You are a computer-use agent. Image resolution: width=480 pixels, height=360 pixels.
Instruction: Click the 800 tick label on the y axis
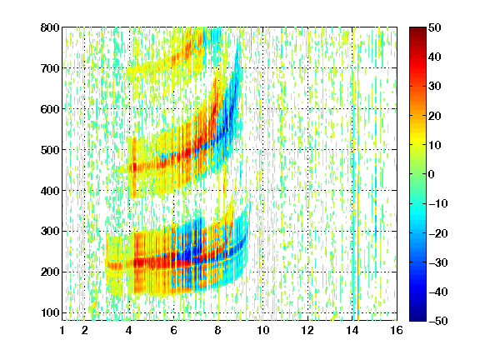coord(50,27)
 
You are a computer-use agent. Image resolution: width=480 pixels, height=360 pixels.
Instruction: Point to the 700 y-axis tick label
coord(50,68)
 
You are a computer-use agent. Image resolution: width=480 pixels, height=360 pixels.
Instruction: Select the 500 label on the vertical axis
coord(50,150)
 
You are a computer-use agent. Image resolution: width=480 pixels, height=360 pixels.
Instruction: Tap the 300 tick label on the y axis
coord(50,232)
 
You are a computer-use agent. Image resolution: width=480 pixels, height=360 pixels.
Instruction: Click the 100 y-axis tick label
coord(50,312)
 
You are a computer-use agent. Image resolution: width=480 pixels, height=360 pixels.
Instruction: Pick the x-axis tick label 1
coord(62,330)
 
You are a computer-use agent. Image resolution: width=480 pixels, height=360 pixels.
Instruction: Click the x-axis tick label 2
coord(85,330)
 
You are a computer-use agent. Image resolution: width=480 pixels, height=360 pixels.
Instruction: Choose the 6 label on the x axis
coord(174,330)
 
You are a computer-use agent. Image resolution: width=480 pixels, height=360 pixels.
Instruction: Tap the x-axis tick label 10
coord(263,330)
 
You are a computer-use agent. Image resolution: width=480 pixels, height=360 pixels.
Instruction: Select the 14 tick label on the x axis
coord(352,330)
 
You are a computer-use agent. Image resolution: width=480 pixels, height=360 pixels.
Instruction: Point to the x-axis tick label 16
coord(397,330)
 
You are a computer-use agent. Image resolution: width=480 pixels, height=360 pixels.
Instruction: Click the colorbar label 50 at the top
coord(435,27)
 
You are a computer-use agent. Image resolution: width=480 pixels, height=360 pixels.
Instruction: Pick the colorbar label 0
coord(432,174)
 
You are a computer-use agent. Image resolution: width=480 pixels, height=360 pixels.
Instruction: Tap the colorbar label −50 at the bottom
coord(438,321)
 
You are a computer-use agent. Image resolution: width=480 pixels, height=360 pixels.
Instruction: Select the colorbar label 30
coord(435,87)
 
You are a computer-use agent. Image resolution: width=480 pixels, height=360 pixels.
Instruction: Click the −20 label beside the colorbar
coord(438,233)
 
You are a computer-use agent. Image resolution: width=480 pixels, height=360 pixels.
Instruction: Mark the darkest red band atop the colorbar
coord(417,30)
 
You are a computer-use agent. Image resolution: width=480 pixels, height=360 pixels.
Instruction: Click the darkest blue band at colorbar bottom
coord(417,318)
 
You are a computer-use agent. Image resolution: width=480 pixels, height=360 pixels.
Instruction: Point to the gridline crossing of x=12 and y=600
coord(307,109)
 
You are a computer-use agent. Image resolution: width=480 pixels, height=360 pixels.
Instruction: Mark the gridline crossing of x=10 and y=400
coord(263,190)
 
